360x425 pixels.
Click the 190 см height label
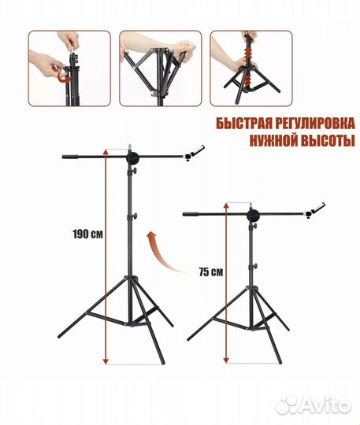coord(87,235)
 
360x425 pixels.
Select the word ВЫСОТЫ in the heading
coord(323,141)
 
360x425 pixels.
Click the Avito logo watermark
coord(324,405)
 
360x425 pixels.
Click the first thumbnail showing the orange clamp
coord(69,68)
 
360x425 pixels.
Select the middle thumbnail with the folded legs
coord(159,68)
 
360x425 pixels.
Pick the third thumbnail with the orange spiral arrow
coord(250,68)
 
